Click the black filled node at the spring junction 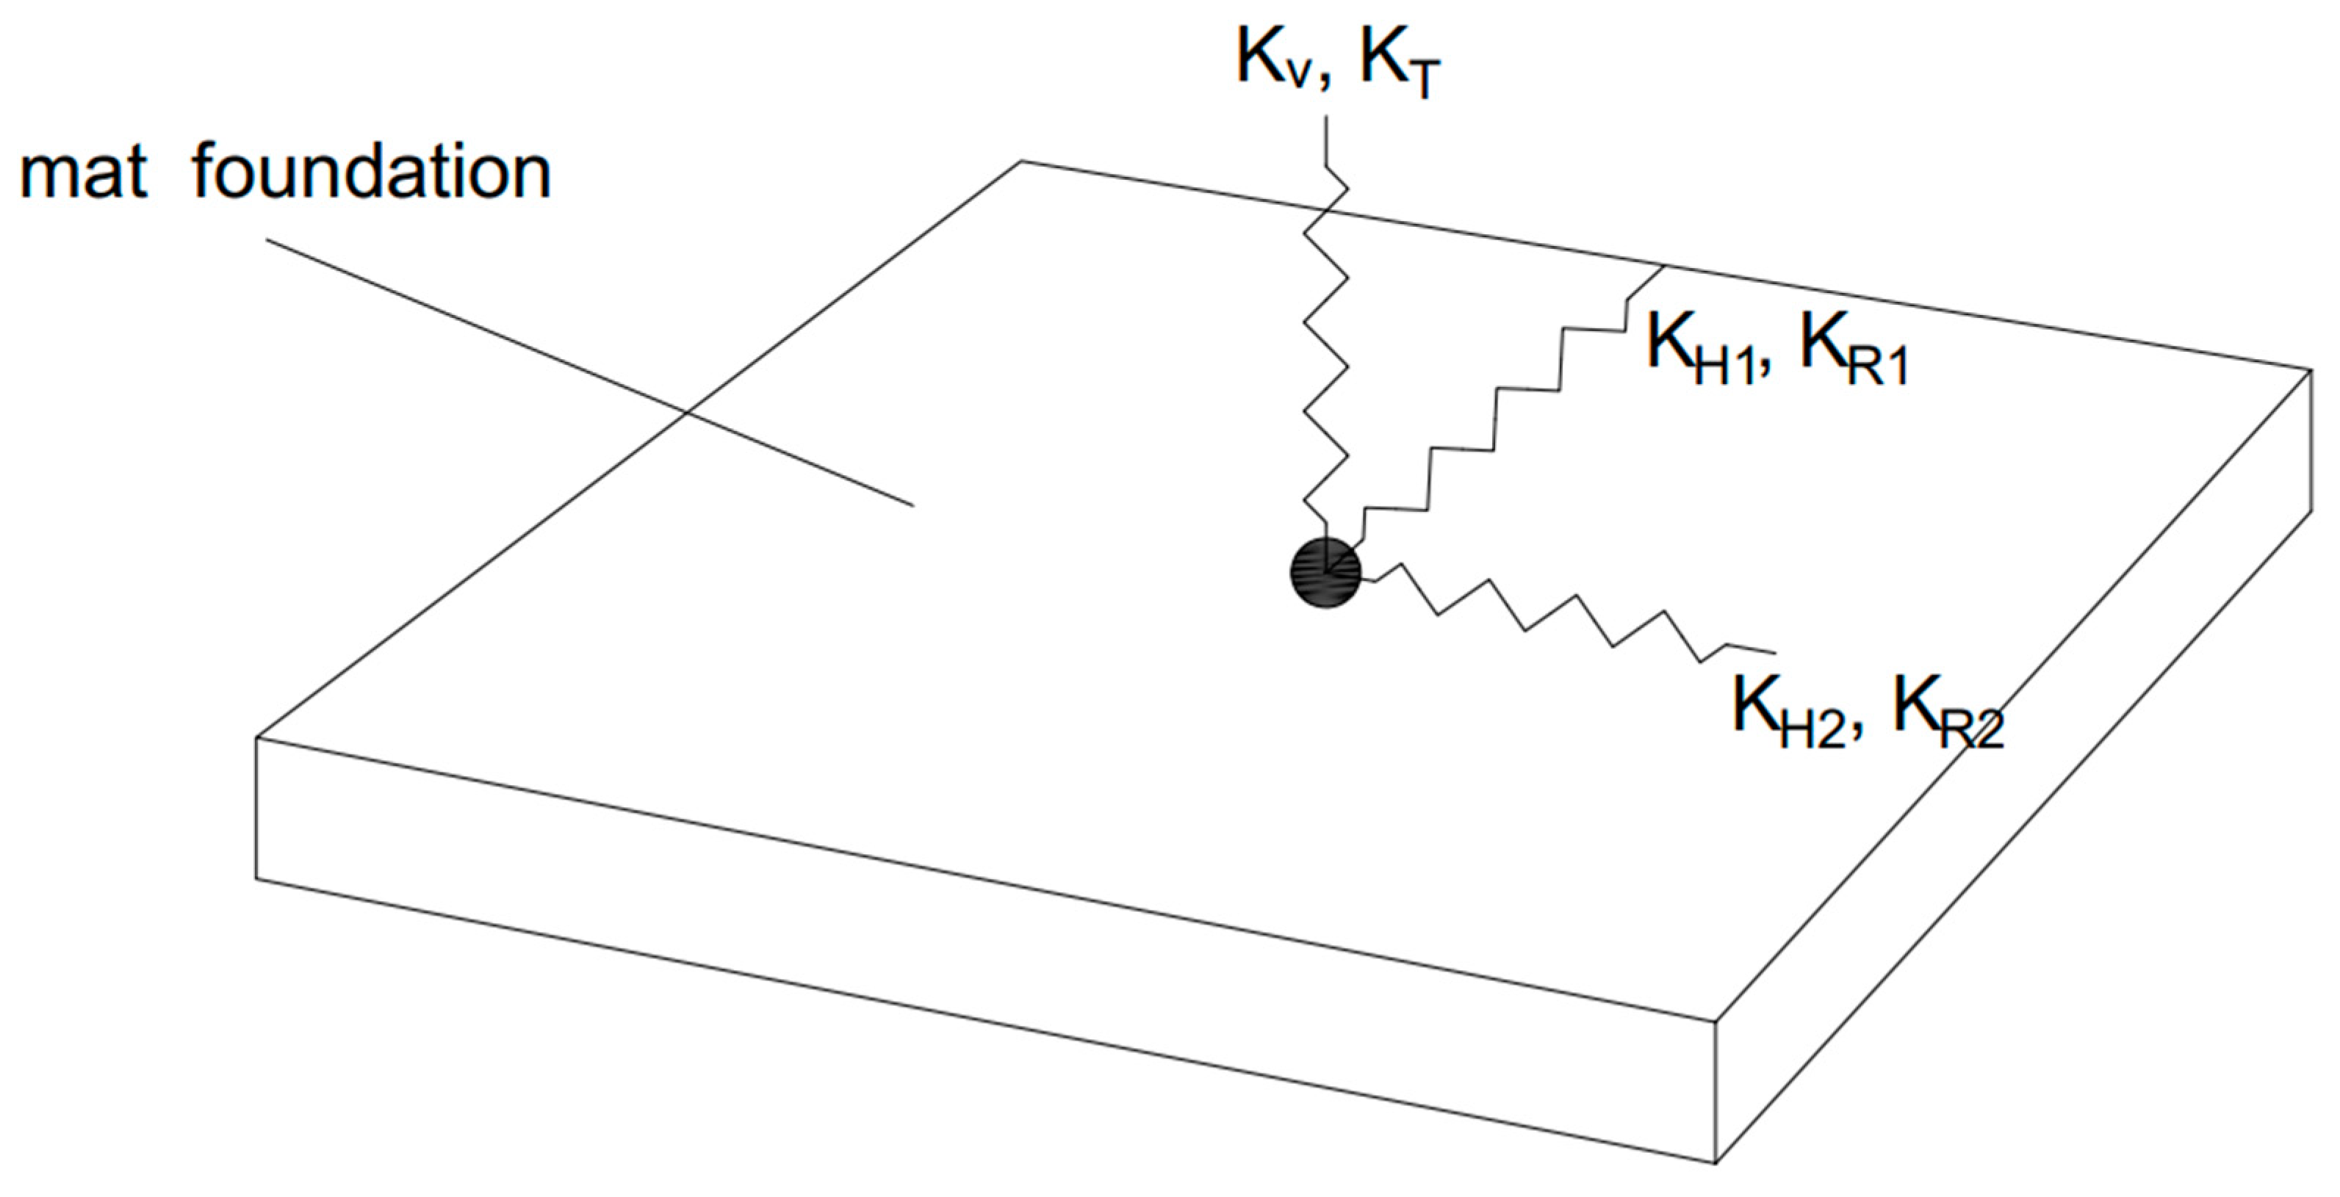point(1325,572)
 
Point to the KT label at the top point(1400,65)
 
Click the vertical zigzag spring point(1325,364)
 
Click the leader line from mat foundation point(591,372)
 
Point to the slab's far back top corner point(1022,162)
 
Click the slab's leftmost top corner point(257,737)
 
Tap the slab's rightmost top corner point(2312,369)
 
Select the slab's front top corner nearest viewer point(1715,1021)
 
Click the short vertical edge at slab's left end point(256,809)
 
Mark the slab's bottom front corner point(1715,1162)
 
